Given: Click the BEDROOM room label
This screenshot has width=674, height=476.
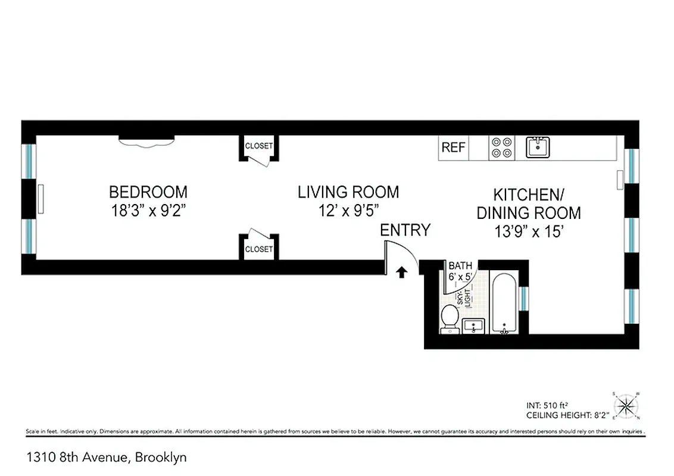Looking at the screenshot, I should (148, 192).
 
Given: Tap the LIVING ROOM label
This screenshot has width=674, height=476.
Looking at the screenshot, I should (348, 192).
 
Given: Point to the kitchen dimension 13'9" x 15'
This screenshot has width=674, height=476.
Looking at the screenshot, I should (528, 231).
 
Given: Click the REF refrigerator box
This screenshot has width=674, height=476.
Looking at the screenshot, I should (453, 148).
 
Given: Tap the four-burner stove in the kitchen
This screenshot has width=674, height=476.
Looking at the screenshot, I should (501, 148).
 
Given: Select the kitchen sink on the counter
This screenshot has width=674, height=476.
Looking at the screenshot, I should (538, 147).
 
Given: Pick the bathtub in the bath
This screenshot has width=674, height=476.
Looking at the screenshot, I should (504, 303).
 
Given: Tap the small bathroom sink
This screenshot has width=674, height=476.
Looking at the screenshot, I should (473, 326).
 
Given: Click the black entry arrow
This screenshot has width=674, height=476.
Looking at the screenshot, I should (402, 272).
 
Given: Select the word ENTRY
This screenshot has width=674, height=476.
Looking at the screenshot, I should (405, 230).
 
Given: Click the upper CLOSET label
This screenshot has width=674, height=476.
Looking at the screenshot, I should (258, 146).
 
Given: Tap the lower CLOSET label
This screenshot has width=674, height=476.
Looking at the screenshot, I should (258, 249).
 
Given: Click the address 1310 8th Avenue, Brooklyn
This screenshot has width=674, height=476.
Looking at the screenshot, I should (106, 458).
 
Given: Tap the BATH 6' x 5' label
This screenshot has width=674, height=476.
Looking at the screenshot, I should (460, 271).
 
